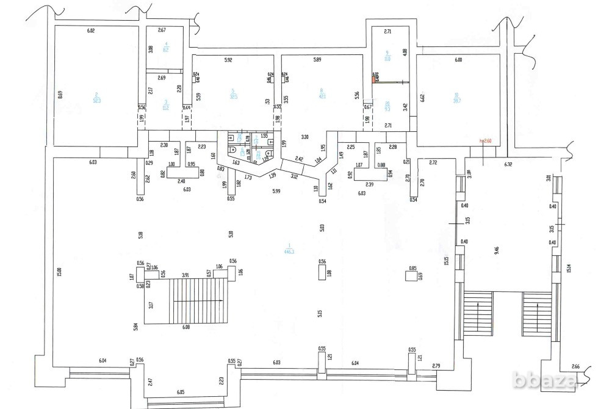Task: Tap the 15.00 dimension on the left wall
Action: (x=58, y=269)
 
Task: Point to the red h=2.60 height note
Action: (x=486, y=141)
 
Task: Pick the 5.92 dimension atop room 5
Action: (x=229, y=60)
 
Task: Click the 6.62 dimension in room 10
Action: (x=422, y=96)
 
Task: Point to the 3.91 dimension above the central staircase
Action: (x=185, y=274)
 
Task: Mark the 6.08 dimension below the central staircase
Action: (x=186, y=327)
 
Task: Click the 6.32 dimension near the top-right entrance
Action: (x=508, y=164)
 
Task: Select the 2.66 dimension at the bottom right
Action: (x=576, y=366)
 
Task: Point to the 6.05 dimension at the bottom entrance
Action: (x=181, y=391)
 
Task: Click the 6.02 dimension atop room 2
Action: (x=92, y=30)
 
